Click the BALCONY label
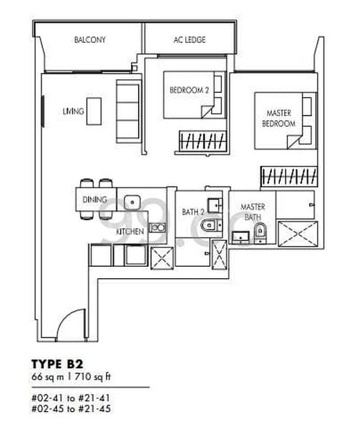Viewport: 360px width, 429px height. point(89,40)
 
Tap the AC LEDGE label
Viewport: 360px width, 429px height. point(190,40)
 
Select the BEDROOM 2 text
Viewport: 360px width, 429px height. point(189,90)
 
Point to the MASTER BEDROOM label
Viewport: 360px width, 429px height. point(278,118)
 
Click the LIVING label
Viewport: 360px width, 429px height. point(74,112)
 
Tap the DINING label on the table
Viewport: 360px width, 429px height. point(94,199)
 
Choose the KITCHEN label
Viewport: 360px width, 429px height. point(130,232)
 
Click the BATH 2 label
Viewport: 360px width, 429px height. point(193,212)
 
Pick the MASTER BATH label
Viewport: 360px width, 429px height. point(253,212)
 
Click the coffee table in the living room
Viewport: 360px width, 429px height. point(94,112)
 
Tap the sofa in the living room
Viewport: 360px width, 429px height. point(128,112)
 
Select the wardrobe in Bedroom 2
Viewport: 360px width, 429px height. point(203,141)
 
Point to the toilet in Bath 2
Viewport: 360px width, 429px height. point(209,225)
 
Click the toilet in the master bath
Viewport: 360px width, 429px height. point(260,233)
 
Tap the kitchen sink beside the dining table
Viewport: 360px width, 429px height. point(132,202)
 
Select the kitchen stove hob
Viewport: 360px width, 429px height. point(157,227)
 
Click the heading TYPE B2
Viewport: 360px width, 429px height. point(57,364)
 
